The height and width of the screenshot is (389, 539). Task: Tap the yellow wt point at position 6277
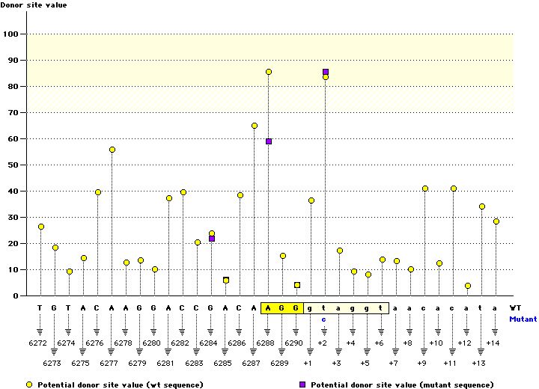coord(112,150)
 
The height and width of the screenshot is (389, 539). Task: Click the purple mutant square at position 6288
coord(269,141)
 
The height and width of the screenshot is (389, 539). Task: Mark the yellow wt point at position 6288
coord(269,72)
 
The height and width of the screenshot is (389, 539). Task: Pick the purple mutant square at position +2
coord(326,72)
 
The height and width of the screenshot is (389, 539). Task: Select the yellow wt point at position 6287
coord(255,126)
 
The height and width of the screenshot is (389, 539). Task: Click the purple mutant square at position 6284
coord(212,239)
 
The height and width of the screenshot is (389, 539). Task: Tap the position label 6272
coord(40,343)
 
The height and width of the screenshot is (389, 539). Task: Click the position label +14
coord(492,343)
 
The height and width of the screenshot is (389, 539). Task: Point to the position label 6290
coord(296,343)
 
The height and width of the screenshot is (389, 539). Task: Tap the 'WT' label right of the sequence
coord(516,307)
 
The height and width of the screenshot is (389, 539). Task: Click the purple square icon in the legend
coord(302,384)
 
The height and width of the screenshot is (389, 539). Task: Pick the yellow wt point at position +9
coord(425,189)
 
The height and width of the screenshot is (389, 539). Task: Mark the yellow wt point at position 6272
coord(41,227)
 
